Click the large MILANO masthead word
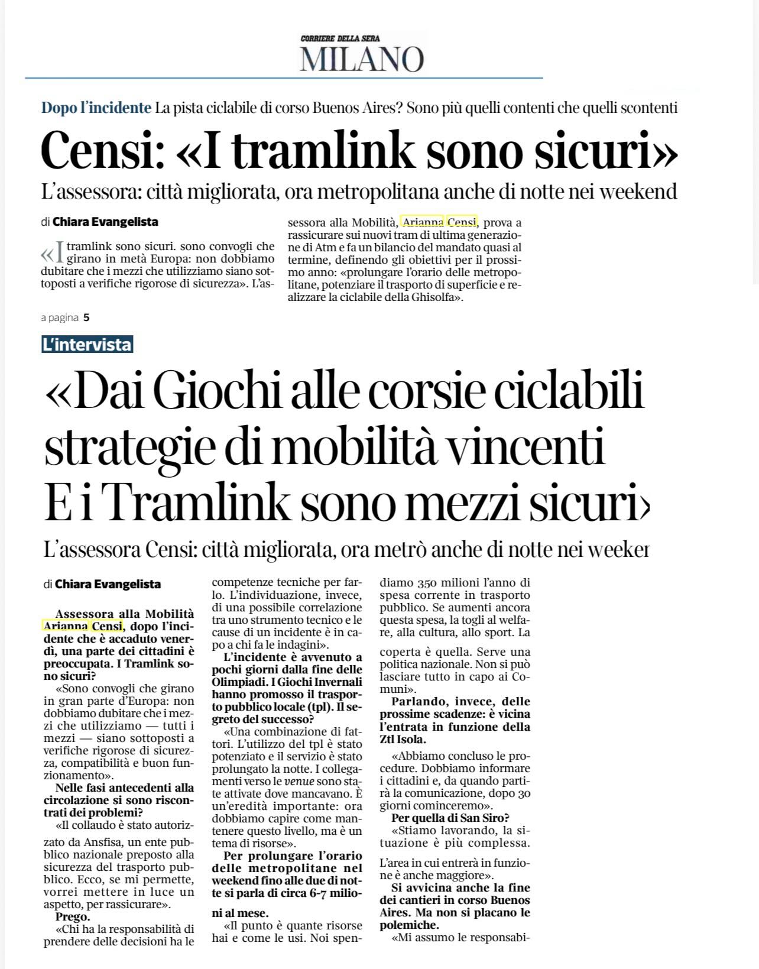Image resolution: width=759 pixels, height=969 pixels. [362, 59]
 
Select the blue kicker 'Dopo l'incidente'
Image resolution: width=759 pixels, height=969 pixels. [96, 108]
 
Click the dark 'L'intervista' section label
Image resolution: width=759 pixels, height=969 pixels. [87, 345]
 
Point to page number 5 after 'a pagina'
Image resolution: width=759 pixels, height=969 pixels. [86, 317]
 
